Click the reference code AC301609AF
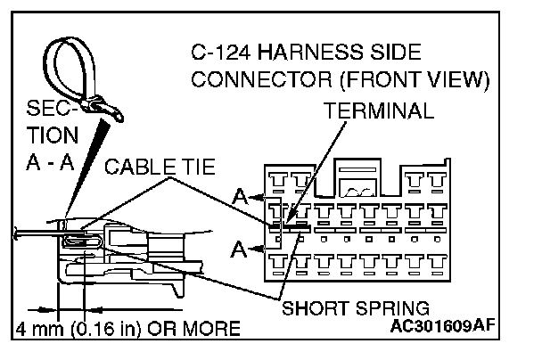click(x=454, y=327)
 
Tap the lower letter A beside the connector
click(x=237, y=250)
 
